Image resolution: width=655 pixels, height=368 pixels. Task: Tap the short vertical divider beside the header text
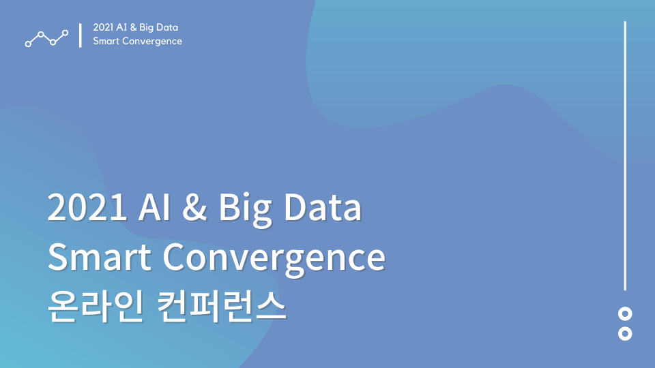pyautogui.click(x=81, y=35)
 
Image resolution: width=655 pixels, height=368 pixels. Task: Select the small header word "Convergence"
pyautogui.click(x=152, y=42)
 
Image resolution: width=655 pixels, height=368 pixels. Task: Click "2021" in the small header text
pyautogui.click(x=103, y=27)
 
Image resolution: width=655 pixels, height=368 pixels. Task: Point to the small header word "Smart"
pyautogui.click(x=106, y=42)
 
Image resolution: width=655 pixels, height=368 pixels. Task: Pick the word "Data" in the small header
pyautogui.click(x=167, y=27)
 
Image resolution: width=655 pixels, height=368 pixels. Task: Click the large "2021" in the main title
pyautogui.click(x=87, y=207)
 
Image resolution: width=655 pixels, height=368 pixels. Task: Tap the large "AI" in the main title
pyautogui.click(x=154, y=207)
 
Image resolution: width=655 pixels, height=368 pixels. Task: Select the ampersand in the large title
pyautogui.click(x=194, y=207)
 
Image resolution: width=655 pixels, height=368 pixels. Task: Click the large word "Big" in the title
pyautogui.click(x=245, y=209)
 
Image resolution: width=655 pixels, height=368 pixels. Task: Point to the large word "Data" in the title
pyautogui.click(x=323, y=207)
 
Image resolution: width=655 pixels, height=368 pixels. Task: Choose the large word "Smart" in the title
pyautogui.click(x=100, y=257)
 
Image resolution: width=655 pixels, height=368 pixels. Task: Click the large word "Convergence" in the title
pyautogui.click(x=274, y=259)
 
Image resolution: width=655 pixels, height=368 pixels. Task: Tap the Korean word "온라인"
pyautogui.click(x=96, y=306)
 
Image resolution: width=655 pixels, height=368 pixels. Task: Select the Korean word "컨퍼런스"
pyautogui.click(x=221, y=306)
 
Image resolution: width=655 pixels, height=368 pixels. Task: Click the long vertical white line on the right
pyautogui.click(x=625, y=155)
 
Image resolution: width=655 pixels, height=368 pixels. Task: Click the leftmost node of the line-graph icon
pyautogui.click(x=28, y=44)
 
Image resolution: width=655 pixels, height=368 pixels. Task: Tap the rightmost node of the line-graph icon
pyautogui.click(x=65, y=33)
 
